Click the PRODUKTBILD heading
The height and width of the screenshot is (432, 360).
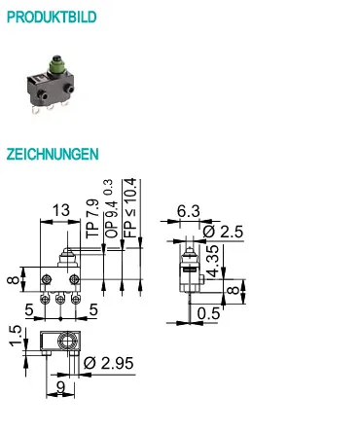tap(52, 17)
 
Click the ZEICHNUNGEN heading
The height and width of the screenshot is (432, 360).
tap(53, 154)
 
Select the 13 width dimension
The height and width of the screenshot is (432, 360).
tap(61, 210)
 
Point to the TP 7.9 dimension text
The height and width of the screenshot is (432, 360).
tap(92, 218)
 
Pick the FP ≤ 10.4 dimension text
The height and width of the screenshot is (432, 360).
tap(130, 208)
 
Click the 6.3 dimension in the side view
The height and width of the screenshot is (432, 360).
tap(189, 211)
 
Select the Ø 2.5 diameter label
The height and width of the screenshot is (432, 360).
tap(223, 232)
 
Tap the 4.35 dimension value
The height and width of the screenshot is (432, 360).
tap(213, 262)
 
